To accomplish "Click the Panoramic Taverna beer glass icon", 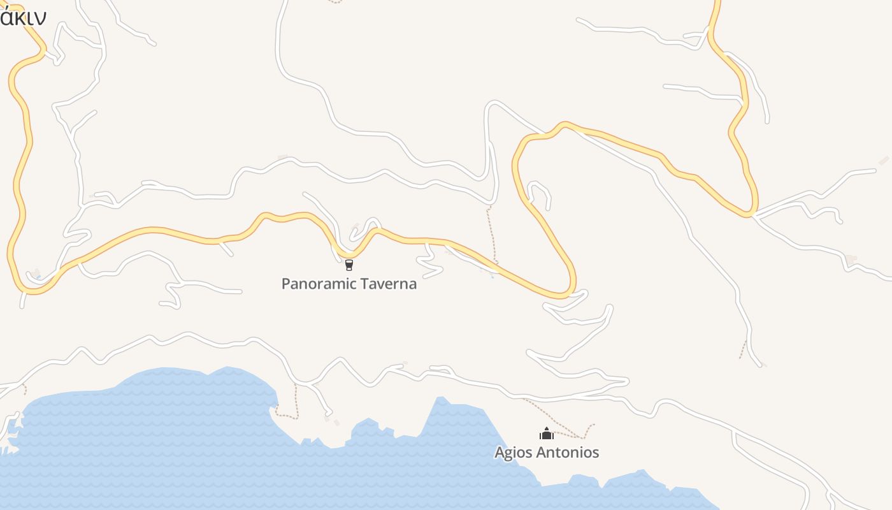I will [x=349, y=265].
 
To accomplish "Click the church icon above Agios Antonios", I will [x=546, y=434].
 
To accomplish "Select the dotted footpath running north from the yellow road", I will [x=491, y=233].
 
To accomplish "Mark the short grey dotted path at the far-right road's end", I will [x=742, y=349].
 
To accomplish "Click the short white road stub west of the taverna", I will [x=226, y=248].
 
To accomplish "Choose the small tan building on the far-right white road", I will [x=851, y=259].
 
